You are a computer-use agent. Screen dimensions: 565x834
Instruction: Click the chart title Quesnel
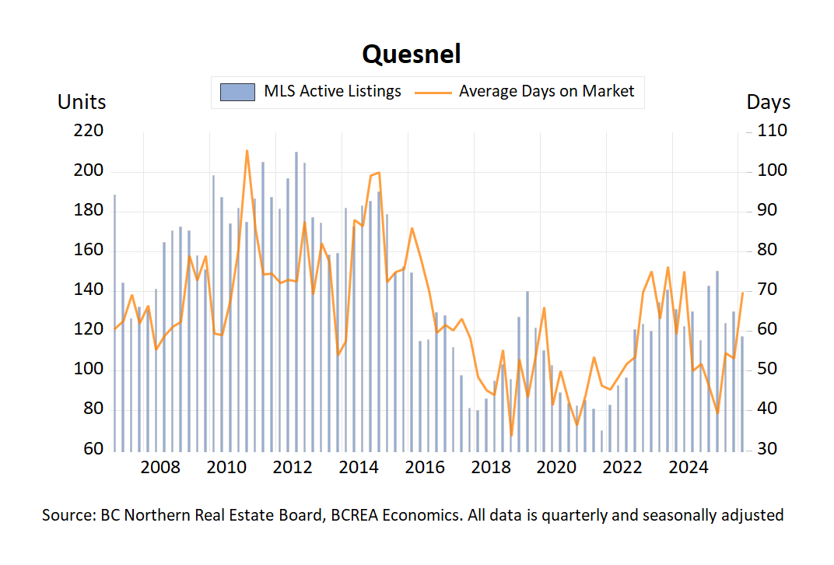pos(412,54)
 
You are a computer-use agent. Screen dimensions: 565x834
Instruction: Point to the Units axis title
pos(82,102)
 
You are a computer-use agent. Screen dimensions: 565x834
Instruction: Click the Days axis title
pos(769,102)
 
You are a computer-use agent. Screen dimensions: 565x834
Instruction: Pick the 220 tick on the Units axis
pos(88,131)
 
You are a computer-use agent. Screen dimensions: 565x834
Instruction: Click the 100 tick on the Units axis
pos(88,370)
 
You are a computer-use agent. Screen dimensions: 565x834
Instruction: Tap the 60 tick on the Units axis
pos(92,450)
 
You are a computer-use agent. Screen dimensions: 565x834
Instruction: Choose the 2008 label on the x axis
pos(160,468)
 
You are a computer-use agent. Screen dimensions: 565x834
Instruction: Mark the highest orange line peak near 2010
pos(247,151)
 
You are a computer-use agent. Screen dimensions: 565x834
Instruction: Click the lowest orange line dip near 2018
pos(511,436)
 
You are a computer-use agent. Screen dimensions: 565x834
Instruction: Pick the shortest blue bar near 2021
pos(601,440)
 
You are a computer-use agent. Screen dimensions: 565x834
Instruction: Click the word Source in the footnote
pos(68,515)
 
